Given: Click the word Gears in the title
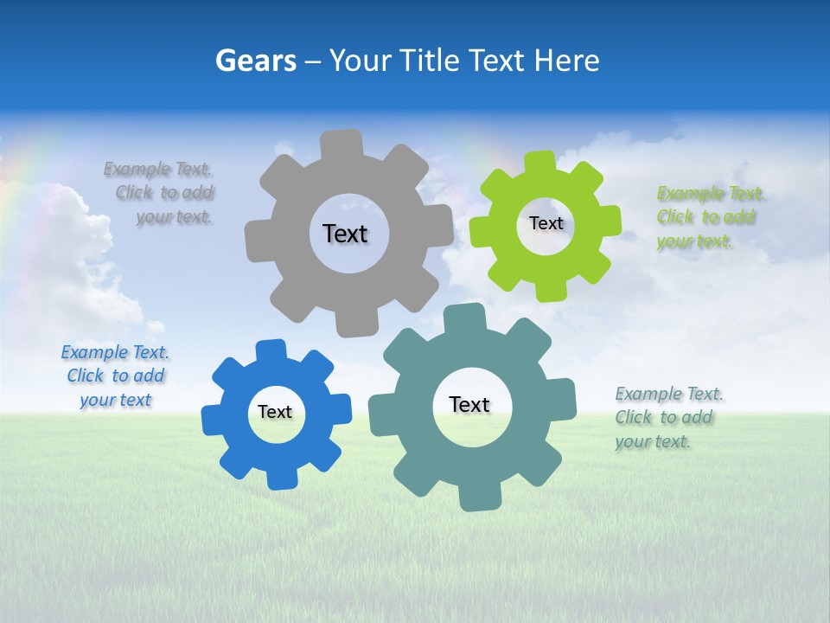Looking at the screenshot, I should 255,61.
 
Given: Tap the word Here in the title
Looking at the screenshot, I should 566,61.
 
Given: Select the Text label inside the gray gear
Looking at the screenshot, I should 345,234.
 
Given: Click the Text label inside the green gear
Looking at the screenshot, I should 546,223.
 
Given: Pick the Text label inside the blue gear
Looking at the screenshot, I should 275,412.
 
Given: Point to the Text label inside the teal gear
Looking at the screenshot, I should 469,404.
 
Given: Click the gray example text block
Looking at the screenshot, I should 160,193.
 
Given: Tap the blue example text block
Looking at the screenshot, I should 115,376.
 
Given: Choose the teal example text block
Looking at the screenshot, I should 668,418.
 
